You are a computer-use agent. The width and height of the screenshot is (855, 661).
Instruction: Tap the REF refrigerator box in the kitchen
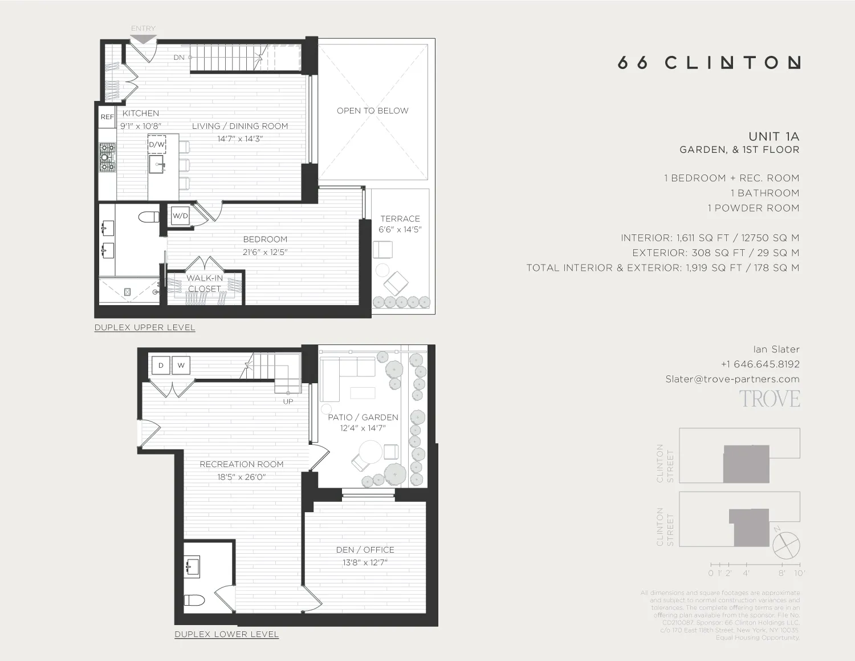pos(107,117)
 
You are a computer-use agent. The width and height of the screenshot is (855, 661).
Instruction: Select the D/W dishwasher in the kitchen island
pos(157,144)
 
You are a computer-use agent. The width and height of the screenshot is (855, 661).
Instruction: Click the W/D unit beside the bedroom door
pos(180,216)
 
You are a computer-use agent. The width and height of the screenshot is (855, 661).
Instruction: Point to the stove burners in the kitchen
pos(107,157)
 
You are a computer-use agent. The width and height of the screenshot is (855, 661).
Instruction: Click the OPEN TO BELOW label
pos(372,111)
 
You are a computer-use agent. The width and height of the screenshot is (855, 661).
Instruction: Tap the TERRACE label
pos(400,219)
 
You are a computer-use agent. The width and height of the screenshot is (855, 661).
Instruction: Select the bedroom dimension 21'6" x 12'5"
pos(265,252)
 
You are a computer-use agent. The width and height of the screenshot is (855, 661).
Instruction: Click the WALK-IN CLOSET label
pos(205,283)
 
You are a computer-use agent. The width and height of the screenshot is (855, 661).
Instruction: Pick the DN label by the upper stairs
pos(179,58)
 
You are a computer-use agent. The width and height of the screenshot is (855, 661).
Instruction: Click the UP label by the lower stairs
pos(288,402)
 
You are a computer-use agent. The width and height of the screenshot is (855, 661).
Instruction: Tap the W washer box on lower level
pos(181,366)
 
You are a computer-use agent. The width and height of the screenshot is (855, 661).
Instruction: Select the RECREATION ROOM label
pos(242,464)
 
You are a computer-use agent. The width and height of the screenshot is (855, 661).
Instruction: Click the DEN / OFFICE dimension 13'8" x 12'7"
pos(365,563)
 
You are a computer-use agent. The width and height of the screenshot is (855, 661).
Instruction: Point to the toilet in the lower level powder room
pos(194,600)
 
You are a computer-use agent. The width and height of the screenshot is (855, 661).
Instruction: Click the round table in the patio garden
pos(371,453)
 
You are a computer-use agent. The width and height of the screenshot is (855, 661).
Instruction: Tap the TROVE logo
pos(769,399)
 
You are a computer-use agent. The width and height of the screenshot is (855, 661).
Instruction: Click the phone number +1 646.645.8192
pos(760,364)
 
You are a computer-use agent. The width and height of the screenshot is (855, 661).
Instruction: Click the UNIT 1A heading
pos(773,137)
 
